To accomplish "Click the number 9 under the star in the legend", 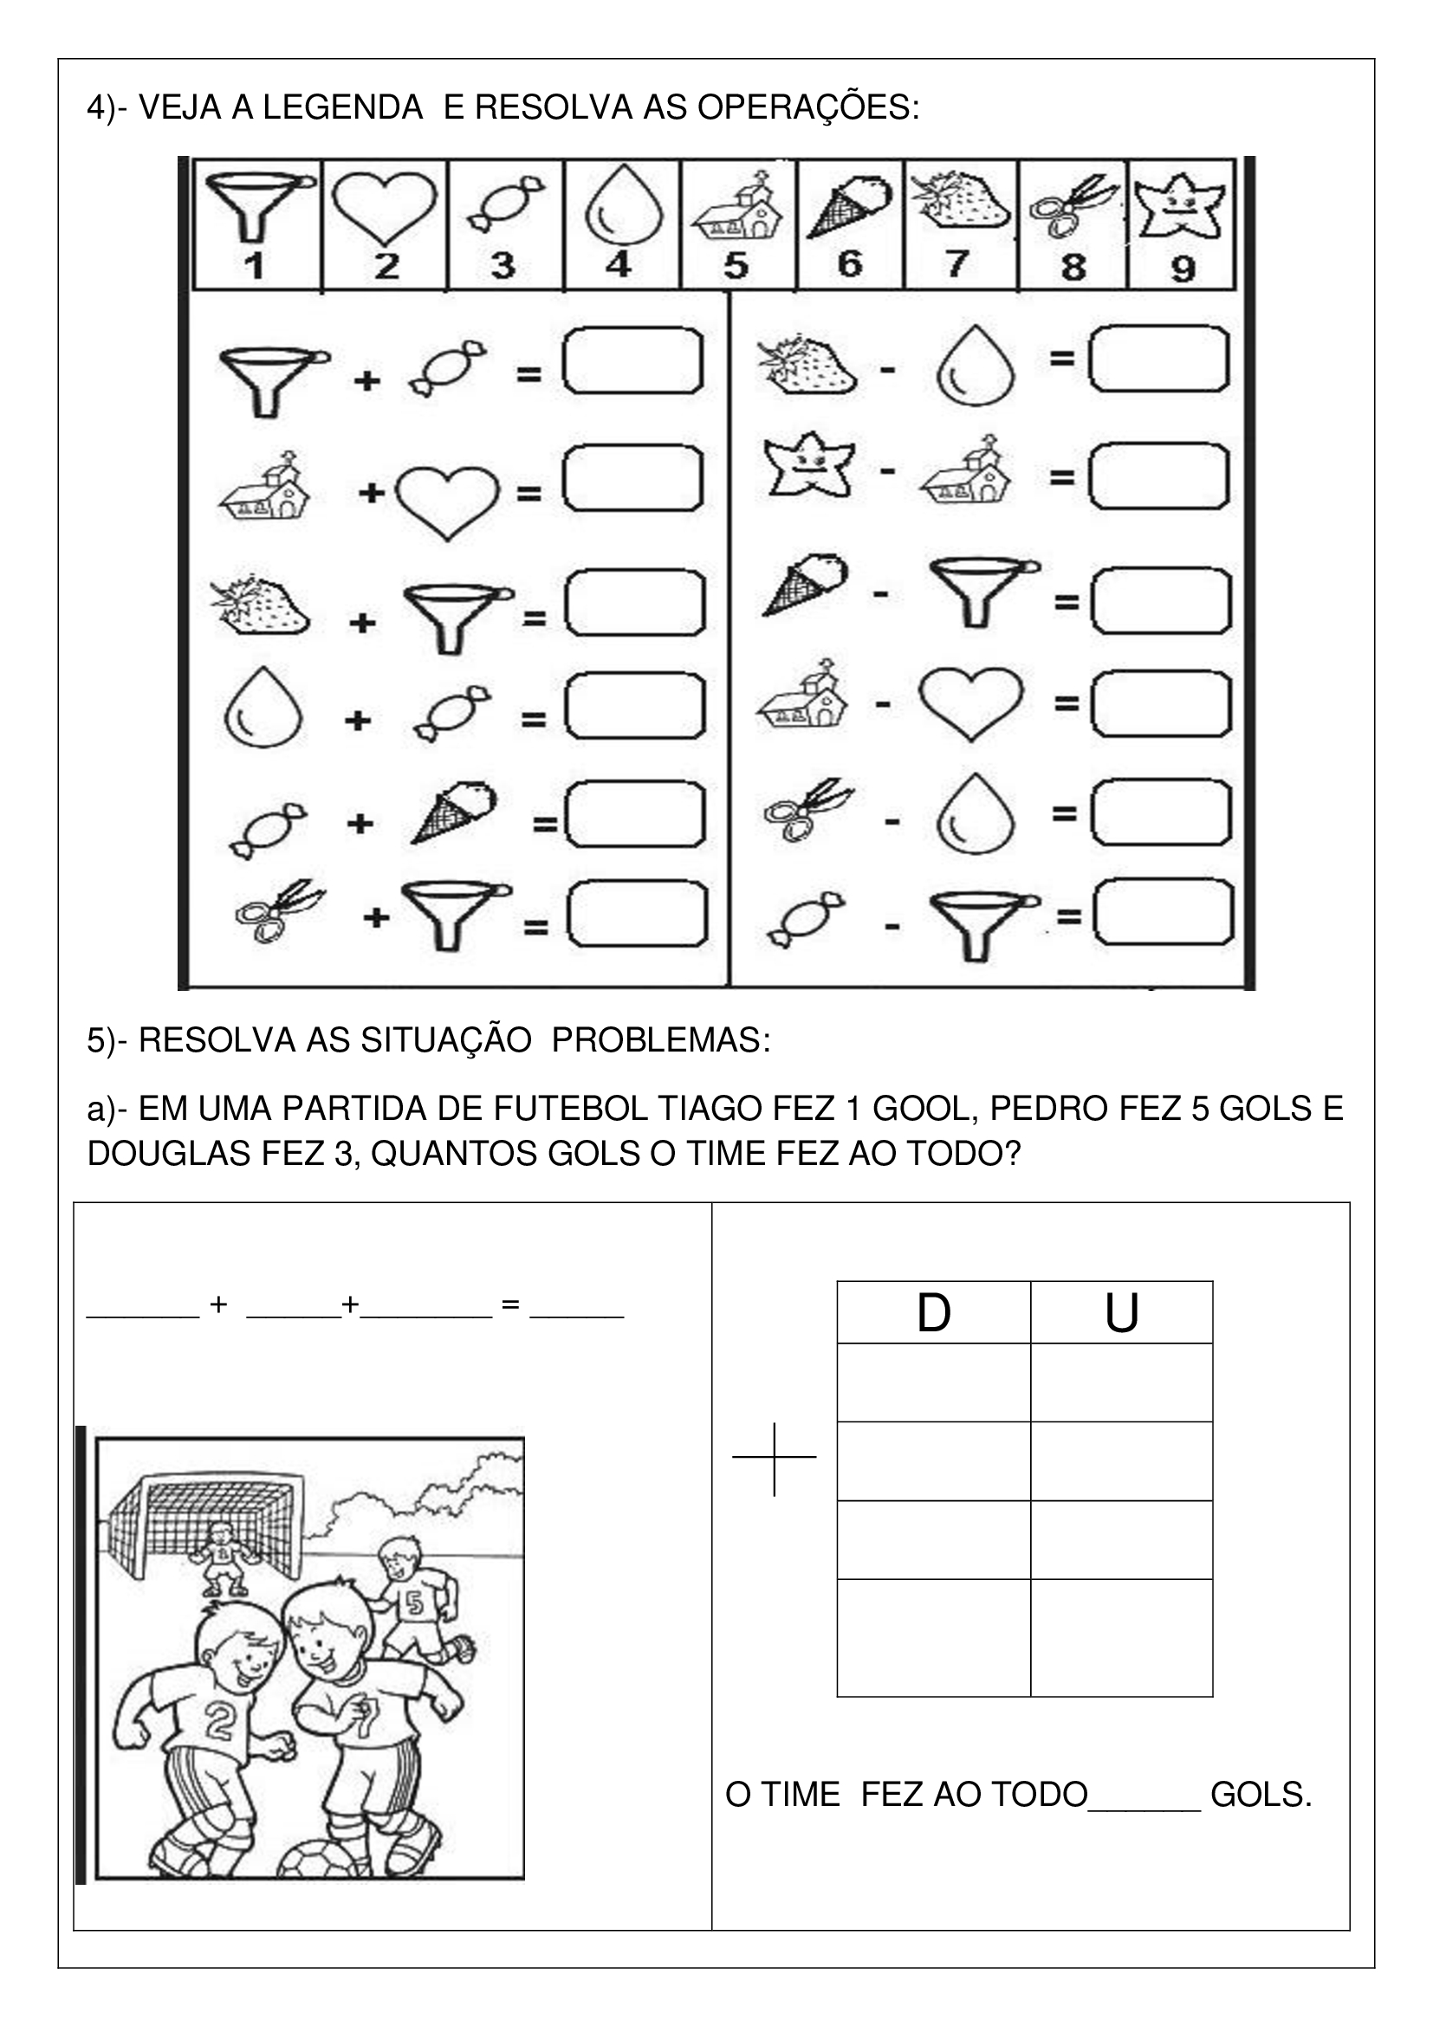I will [x=1183, y=268].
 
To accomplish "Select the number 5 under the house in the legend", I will [x=736, y=265].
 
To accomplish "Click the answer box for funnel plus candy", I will [x=632, y=361].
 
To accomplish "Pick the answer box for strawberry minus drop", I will [x=1158, y=359].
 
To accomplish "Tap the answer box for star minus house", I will [x=1158, y=476].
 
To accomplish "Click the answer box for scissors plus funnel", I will [x=636, y=914].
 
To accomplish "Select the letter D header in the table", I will [x=934, y=1313].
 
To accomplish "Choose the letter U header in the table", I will [x=1121, y=1313].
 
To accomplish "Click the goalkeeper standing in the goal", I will [x=220, y=1558].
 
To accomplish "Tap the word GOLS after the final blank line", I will [x=1261, y=1795].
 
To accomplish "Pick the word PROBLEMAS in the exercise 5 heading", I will [x=661, y=1040].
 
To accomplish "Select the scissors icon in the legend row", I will [x=1073, y=207].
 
